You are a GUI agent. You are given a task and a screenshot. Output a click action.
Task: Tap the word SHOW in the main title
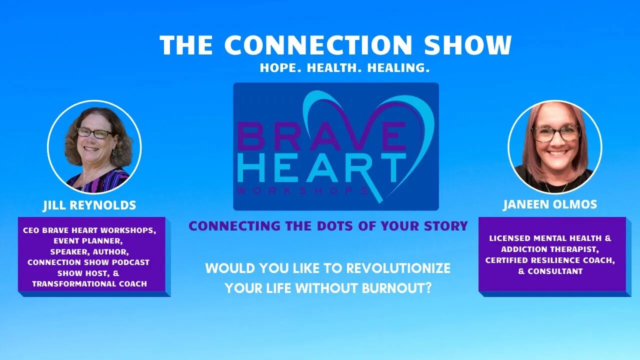pos(467,45)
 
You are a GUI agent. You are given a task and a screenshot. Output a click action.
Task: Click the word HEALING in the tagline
pos(398,68)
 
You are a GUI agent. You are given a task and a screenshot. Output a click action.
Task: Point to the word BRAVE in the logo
pos(322,136)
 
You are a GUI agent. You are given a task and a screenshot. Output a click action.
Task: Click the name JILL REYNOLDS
pos(89,205)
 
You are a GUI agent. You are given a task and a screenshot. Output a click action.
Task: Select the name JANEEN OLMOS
pos(550,204)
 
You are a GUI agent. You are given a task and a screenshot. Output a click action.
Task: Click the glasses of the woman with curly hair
pos(95,133)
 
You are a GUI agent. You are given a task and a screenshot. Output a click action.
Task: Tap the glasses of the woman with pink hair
pos(555,133)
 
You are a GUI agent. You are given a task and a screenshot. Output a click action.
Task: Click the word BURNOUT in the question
pos(396,288)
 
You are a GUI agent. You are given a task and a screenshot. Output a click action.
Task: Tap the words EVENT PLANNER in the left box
pos(88,241)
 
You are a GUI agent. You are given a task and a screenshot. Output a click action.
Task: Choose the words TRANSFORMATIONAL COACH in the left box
pos(89,283)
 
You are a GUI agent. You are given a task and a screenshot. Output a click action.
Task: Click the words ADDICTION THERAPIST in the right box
pos(550,249)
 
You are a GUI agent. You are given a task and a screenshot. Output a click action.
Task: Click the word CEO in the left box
pos(31,230)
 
